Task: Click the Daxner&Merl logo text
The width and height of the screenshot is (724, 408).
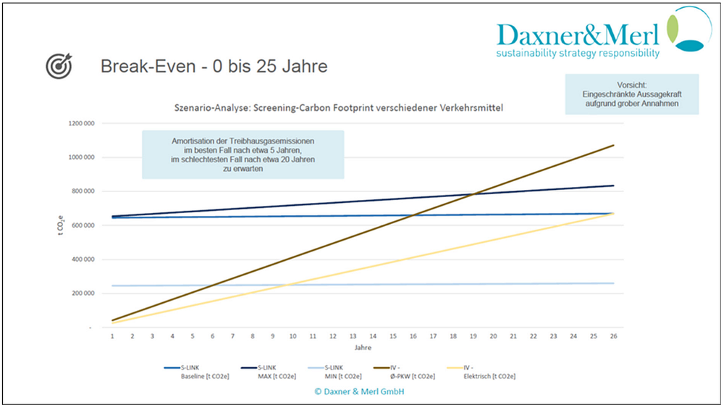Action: point(578,34)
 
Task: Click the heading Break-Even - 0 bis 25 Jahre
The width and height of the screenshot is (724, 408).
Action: point(213,67)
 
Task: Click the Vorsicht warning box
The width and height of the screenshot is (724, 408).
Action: point(632,94)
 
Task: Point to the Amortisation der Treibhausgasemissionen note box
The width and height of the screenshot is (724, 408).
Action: point(243,154)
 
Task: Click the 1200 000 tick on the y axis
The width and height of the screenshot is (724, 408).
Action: point(81,124)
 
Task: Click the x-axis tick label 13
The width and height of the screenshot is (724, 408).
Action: point(353,336)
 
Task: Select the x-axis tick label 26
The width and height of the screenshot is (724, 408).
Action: point(613,336)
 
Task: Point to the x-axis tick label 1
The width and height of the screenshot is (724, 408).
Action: point(112,336)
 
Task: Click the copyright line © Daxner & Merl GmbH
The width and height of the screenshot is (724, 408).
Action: point(358,391)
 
